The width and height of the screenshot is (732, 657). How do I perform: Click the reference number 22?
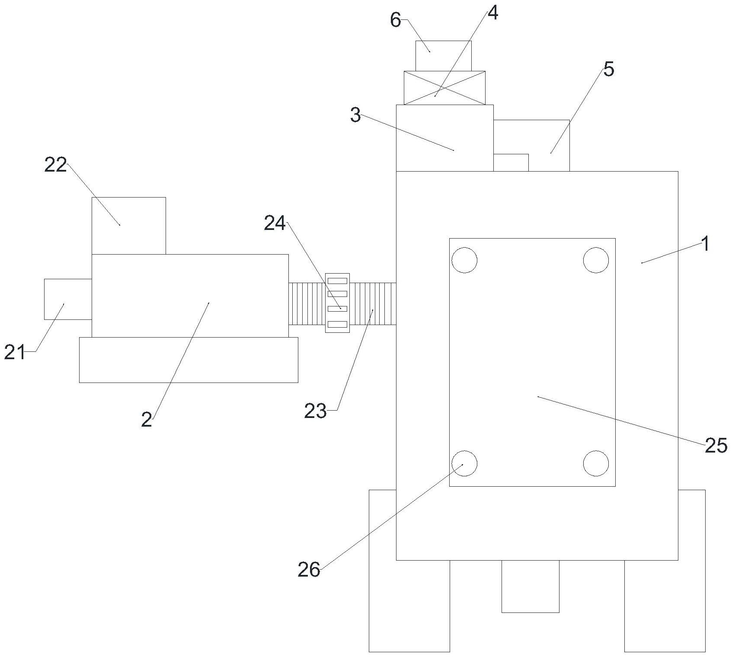point(56,165)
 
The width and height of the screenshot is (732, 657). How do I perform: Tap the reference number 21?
point(15,352)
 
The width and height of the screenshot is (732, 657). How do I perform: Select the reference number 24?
point(275,224)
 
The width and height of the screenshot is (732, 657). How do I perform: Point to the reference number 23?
point(315,411)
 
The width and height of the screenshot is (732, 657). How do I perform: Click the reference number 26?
point(309,570)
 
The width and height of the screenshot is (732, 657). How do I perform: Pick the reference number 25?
point(716,446)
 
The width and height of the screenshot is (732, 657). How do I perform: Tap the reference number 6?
point(396,20)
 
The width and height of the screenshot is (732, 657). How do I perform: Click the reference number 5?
point(608,69)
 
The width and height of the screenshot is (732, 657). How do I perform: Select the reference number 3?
point(355,115)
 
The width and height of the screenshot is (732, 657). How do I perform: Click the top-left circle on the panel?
point(464,260)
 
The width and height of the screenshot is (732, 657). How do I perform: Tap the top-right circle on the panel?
point(596,260)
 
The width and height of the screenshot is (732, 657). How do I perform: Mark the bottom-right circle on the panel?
point(596,463)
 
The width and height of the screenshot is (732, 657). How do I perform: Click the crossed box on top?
point(444,88)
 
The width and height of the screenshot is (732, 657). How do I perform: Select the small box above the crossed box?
point(443,56)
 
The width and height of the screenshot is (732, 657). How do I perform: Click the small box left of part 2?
point(68,299)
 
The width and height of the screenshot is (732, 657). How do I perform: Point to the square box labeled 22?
point(129,226)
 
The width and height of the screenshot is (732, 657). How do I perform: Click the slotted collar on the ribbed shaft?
point(337,303)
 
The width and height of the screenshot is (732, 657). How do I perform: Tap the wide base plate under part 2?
point(189,360)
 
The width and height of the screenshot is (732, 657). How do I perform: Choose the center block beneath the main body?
point(530,586)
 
